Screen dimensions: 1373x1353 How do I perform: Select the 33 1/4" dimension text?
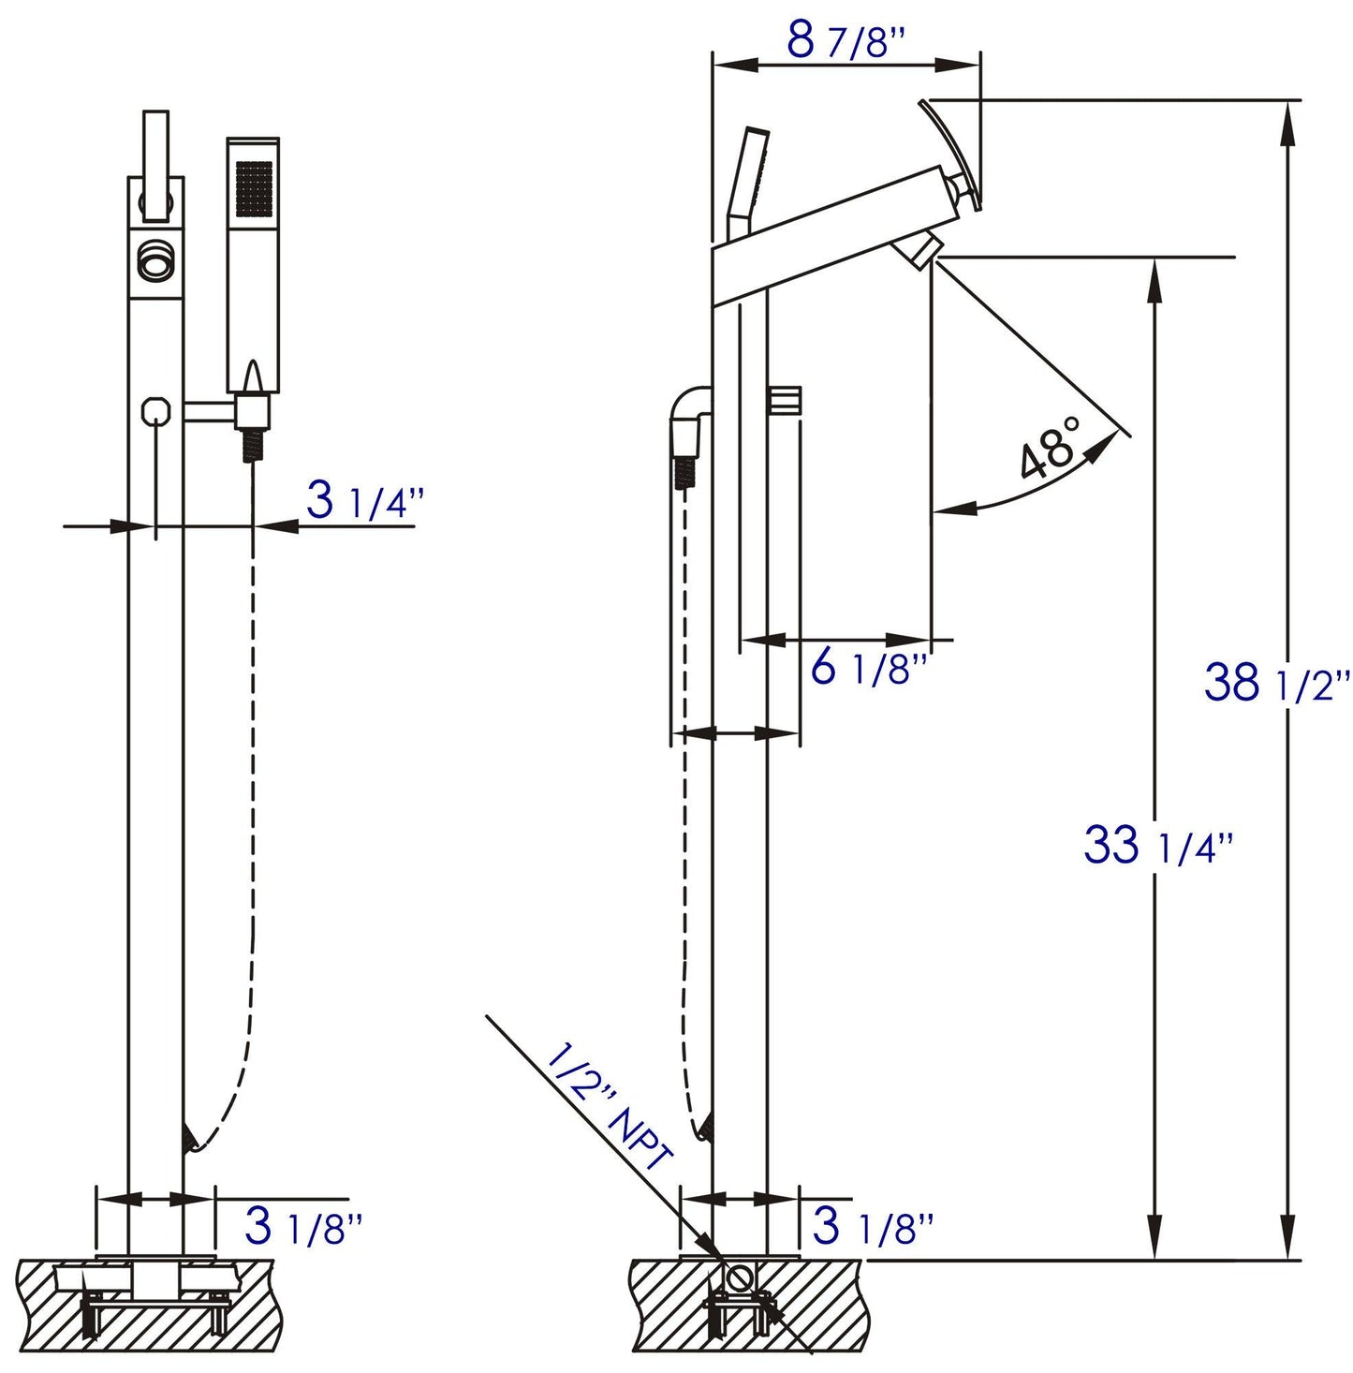(1157, 846)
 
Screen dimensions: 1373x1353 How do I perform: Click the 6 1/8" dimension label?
(868, 669)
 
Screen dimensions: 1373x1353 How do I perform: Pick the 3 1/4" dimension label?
(364, 503)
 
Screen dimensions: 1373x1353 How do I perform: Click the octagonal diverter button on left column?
(155, 410)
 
